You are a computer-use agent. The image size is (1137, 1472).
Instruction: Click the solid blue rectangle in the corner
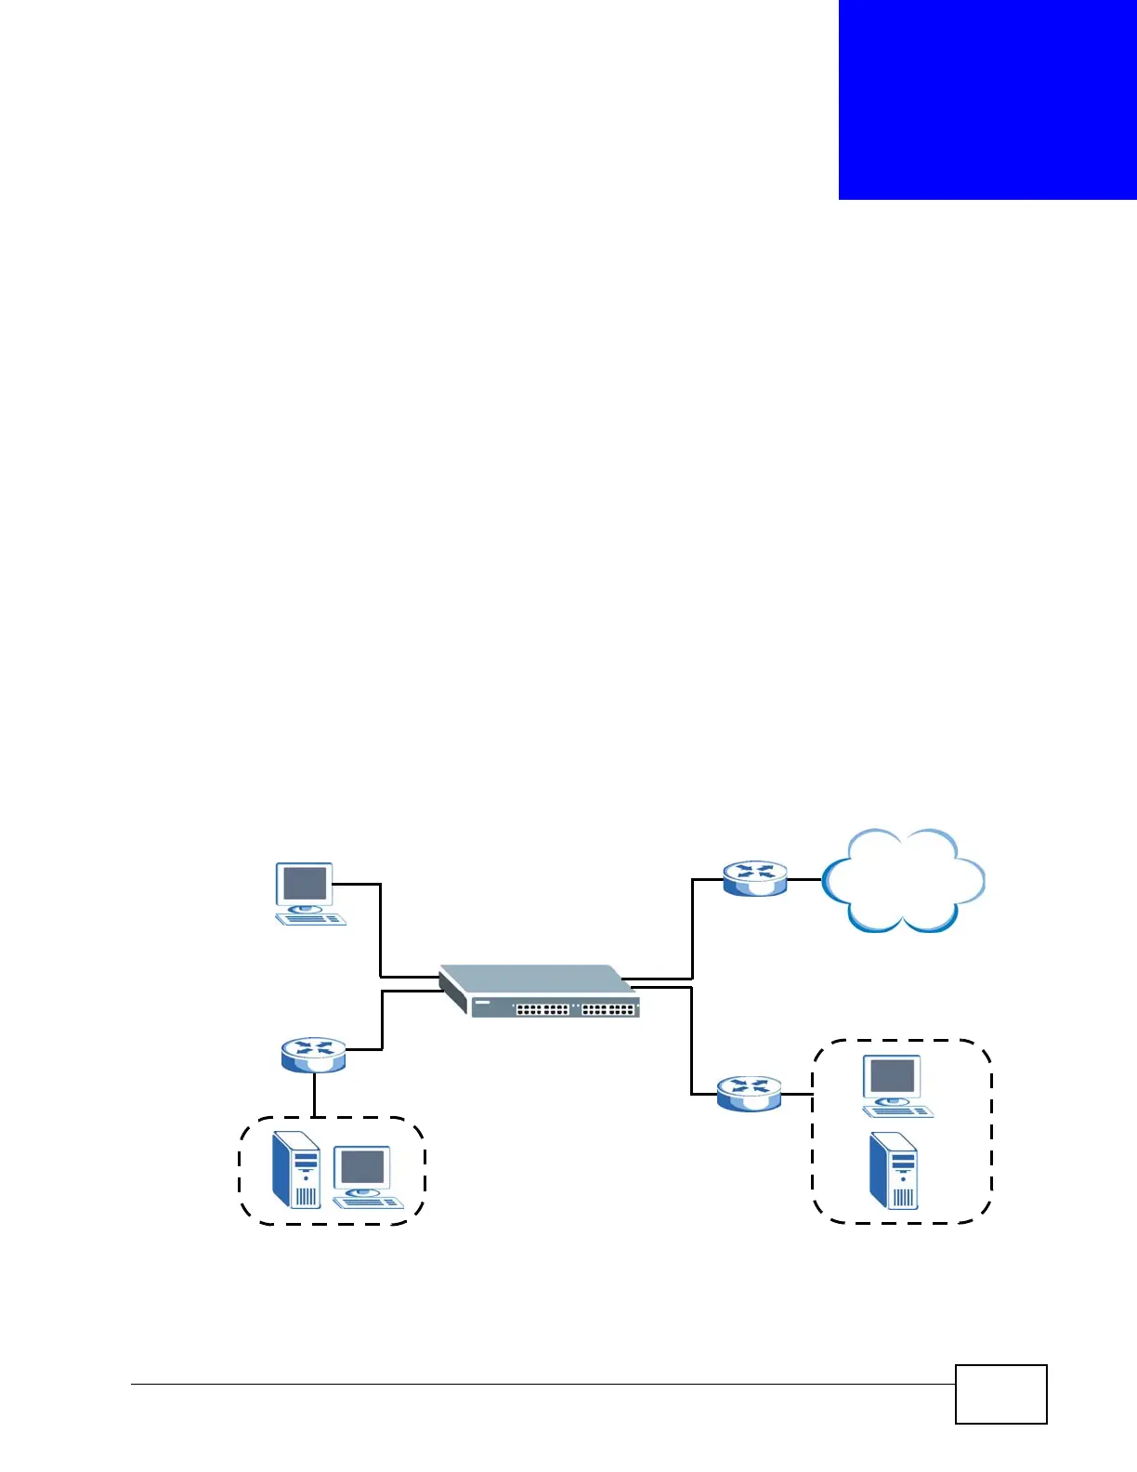click(987, 99)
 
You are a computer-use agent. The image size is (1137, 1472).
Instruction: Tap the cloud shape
click(903, 881)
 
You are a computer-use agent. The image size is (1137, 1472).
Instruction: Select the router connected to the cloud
click(755, 878)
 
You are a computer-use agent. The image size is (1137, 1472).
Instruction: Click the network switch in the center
click(539, 992)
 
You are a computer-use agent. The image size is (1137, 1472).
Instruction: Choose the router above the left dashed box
click(314, 1055)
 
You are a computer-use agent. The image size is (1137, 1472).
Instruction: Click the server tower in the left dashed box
click(296, 1170)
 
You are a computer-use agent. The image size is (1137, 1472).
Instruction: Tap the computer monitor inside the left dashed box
click(362, 1169)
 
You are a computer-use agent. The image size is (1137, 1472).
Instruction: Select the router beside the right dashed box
click(749, 1094)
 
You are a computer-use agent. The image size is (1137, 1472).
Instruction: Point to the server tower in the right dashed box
click(894, 1172)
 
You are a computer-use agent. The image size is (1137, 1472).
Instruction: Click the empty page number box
click(1000, 1394)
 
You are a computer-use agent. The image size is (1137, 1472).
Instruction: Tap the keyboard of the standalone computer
click(311, 919)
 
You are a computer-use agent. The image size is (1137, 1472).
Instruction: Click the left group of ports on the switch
click(542, 1009)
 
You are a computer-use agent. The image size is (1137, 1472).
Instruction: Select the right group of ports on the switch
click(608, 1009)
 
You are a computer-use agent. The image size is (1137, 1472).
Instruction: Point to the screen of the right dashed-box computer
click(893, 1076)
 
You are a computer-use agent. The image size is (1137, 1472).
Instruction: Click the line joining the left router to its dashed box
click(314, 1095)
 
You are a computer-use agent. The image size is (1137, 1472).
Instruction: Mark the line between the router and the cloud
click(804, 879)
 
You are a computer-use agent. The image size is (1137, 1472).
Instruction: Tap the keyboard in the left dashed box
click(368, 1202)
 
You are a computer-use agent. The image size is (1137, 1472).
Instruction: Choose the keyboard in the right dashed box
click(897, 1111)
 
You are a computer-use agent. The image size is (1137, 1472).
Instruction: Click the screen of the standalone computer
click(305, 883)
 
